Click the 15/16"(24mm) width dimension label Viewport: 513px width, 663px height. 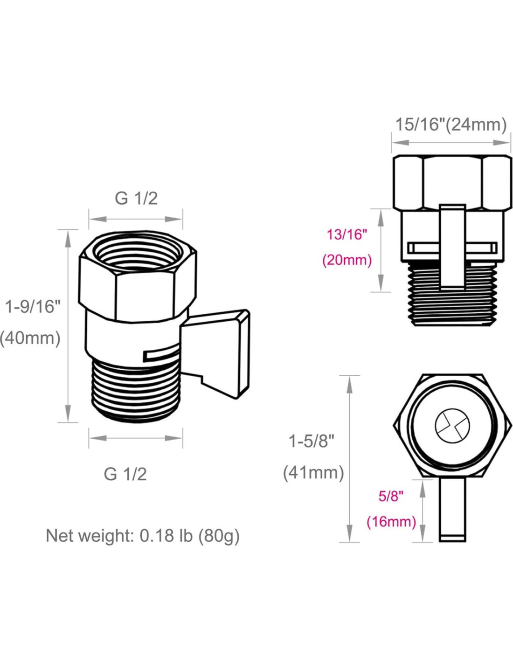[451, 125]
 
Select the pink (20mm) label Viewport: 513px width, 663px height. [347, 261]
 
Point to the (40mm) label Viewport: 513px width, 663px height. [30, 338]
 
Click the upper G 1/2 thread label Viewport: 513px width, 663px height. [136, 199]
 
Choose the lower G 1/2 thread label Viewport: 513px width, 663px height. [125, 475]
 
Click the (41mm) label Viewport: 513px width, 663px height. [313, 473]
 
